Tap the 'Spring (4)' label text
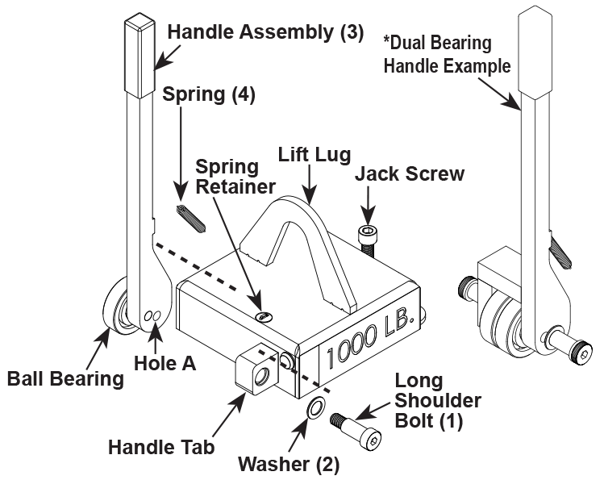209,94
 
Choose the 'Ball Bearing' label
65,378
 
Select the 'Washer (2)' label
289,464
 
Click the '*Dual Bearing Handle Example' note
448,54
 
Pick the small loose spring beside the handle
192,215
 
